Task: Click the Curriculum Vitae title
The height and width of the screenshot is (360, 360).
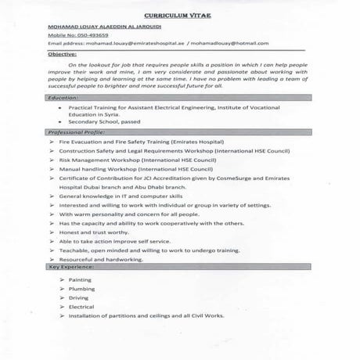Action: point(180,15)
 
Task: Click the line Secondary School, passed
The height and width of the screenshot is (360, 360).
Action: point(103,123)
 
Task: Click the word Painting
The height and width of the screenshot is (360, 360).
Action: point(81,279)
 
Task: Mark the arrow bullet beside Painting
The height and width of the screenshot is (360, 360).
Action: point(60,279)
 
